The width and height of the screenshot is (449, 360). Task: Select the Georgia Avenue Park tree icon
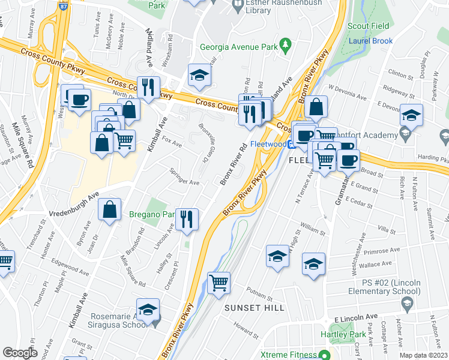[x=286, y=43]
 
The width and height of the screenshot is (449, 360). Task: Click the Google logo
[x=20, y=353]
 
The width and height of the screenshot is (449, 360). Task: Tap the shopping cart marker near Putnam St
[x=219, y=282]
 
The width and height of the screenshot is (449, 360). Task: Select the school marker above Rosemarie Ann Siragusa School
[x=148, y=310]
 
